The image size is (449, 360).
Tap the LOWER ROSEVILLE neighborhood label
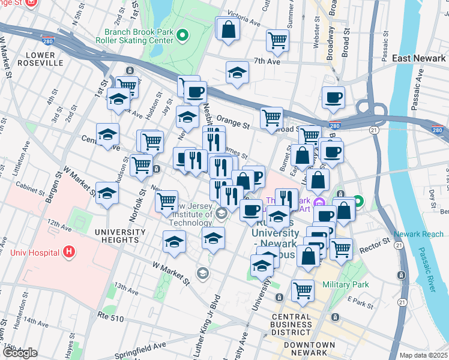click(41, 58)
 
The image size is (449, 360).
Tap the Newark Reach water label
click(419, 234)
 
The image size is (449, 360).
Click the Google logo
click(20, 353)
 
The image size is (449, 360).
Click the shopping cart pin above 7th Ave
click(277, 41)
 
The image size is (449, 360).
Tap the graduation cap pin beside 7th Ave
click(237, 73)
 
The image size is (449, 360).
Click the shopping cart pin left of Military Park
click(303, 291)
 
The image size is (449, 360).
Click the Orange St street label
click(233, 124)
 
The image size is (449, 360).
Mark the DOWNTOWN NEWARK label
click(309, 349)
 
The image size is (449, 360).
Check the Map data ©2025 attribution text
click(423, 355)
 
